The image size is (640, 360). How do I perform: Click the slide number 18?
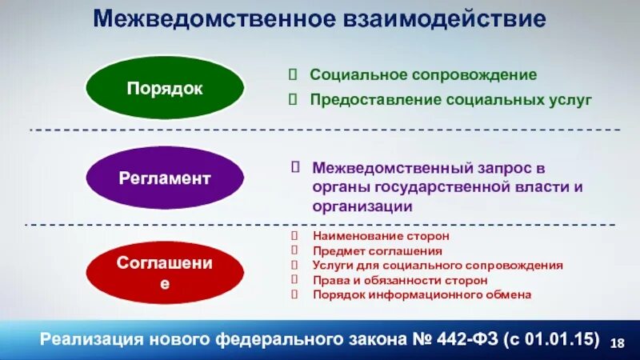617,343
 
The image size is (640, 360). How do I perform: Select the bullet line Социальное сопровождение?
423,74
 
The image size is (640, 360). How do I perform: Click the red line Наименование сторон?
381,237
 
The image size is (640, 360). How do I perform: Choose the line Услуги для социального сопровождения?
438,266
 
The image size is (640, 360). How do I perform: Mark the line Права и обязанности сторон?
400,280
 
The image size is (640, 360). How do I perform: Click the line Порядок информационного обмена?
422,294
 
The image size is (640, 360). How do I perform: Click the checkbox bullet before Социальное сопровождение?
294,74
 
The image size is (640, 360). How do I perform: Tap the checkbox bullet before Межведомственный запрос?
295,167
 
